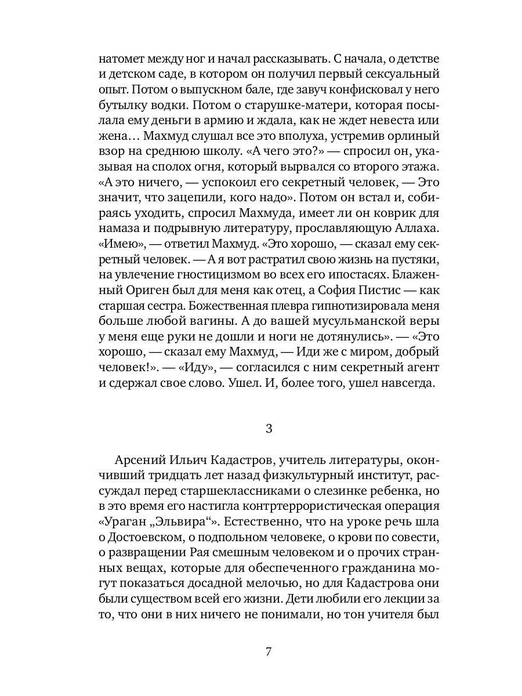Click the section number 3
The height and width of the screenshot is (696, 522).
tap(268, 429)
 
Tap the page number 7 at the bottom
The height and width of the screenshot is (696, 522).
tap(268, 651)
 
